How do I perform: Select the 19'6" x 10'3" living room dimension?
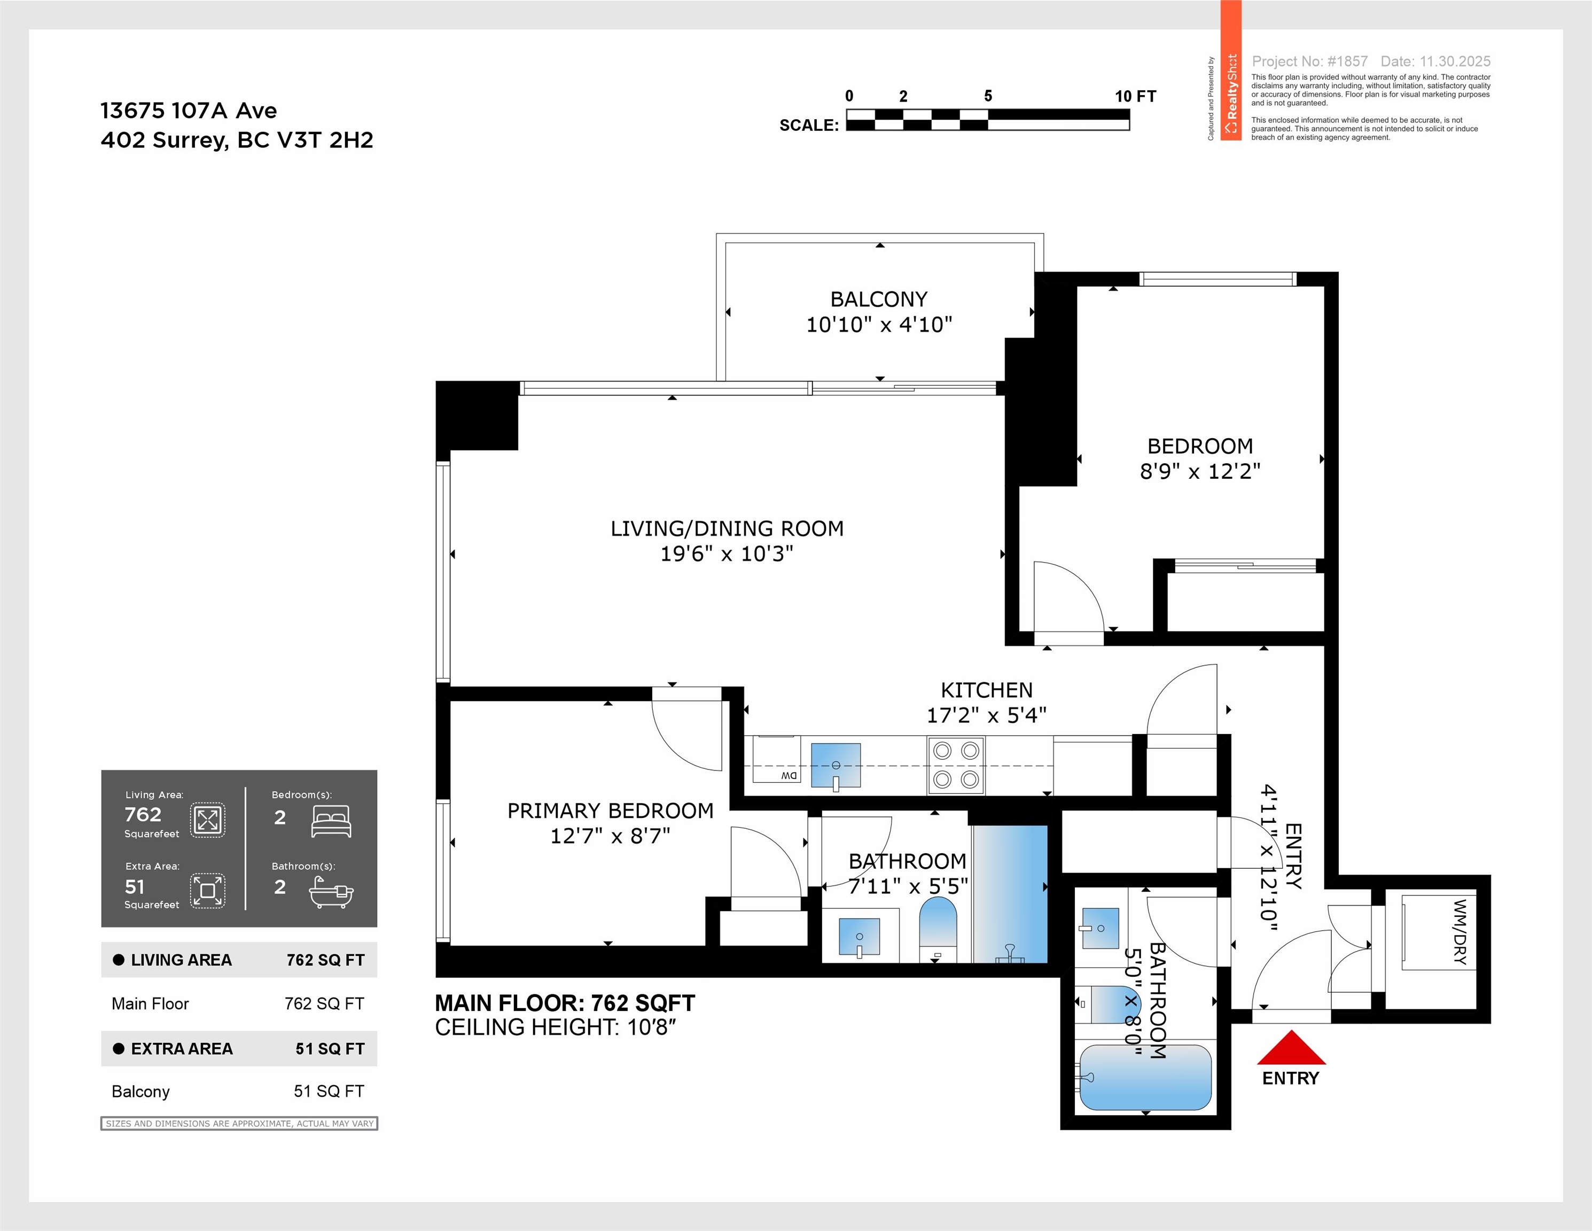pyautogui.click(x=726, y=554)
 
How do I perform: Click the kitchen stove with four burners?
pyautogui.click(x=956, y=765)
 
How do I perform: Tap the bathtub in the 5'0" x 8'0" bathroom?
pyautogui.click(x=1145, y=1077)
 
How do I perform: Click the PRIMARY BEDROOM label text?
pyautogui.click(x=610, y=811)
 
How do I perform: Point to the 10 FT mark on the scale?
pyautogui.click(x=1134, y=96)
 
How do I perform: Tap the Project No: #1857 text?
pyautogui.click(x=1309, y=61)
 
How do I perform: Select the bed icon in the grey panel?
pyautogui.click(x=331, y=821)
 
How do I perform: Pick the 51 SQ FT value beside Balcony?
pyautogui.click(x=329, y=1091)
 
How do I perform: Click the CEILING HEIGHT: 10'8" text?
pyautogui.click(x=556, y=1027)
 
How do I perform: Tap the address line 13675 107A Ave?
pyautogui.click(x=188, y=111)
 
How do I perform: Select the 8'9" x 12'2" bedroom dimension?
pyautogui.click(x=1200, y=472)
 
